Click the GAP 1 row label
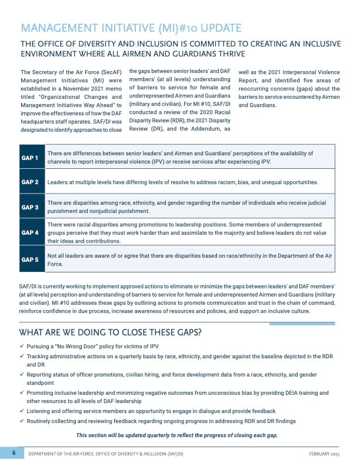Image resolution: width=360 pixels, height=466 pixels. (29, 157)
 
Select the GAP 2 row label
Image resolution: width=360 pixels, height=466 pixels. (29, 182)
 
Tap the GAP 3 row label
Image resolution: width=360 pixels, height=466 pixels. (29, 207)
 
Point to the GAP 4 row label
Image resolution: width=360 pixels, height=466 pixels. (29, 232)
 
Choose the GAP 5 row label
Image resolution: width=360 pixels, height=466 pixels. (29, 259)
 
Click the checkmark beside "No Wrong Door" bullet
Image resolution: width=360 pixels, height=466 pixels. (22, 347)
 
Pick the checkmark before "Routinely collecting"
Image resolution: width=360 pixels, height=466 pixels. (22, 421)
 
